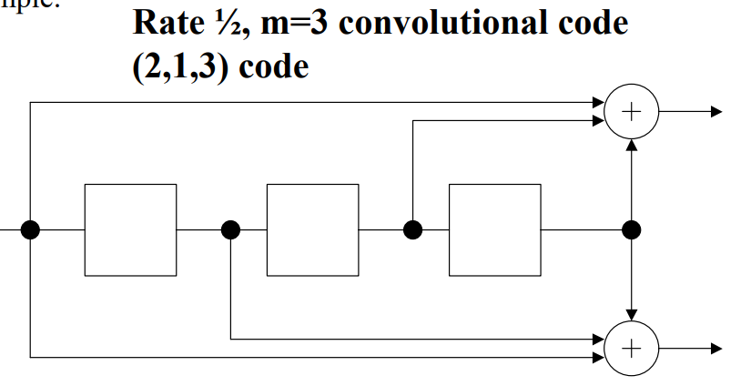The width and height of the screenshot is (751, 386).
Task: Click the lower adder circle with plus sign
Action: pyautogui.click(x=630, y=350)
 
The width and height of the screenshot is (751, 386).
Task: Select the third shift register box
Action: pyautogui.click(x=494, y=229)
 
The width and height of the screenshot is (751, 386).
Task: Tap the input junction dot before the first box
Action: pyautogui.click(x=31, y=229)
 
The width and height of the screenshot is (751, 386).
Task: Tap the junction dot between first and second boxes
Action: pyautogui.click(x=231, y=229)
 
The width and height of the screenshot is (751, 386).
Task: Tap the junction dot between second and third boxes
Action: pyautogui.click(x=413, y=229)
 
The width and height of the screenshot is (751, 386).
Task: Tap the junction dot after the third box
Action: pyautogui.click(x=630, y=229)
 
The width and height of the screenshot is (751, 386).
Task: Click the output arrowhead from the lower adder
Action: pyautogui.click(x=715, y=350)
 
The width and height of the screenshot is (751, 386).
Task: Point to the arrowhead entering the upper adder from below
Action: pyautogui.click(x=630, y=144)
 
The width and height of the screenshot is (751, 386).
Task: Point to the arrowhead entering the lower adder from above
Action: pyautogui.click(x=630, y=320)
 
